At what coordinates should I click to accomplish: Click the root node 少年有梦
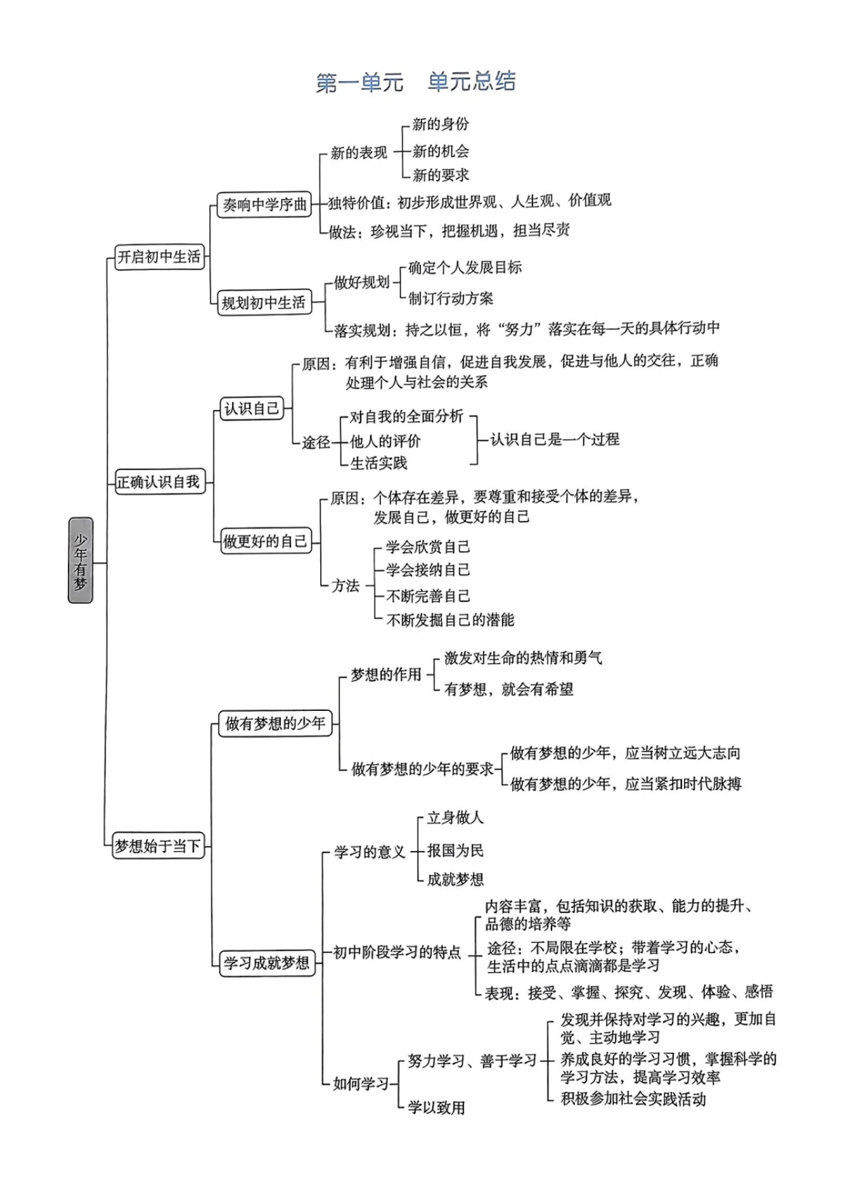[80, 560]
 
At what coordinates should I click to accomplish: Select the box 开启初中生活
[159, 256]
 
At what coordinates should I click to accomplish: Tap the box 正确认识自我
[159, 482]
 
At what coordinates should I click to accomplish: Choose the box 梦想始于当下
[158, 846]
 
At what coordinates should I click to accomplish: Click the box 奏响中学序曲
[265, 204]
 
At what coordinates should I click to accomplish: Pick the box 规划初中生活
[264, 303]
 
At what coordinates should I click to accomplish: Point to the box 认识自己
[252, 408]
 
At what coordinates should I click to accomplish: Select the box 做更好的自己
[265, 541]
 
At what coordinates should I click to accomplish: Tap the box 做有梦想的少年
[275, 723]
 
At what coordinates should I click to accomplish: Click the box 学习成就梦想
[267, 963]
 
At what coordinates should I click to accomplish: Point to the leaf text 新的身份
[441, 124]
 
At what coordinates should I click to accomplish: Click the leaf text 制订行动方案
[451, 298]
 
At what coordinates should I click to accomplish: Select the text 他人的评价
[385, 441]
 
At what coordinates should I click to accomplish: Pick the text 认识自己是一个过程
[555, 440]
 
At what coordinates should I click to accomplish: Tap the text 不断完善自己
[428, 596]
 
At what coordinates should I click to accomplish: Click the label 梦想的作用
[386, 674]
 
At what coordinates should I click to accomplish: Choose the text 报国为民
[455, 850]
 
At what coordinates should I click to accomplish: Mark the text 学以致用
[436, 1108]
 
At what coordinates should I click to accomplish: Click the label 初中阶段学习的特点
[396, 952]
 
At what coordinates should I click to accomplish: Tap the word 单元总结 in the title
[471, 82]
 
